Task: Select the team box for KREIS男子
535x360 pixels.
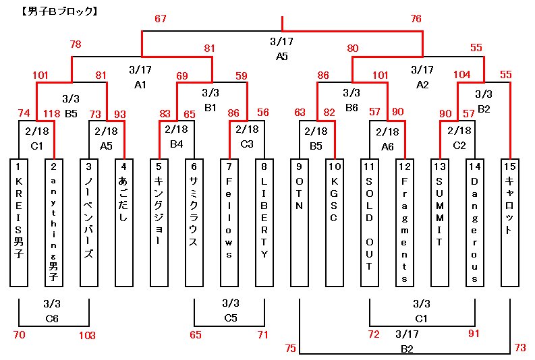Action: pyautogui.click(x=19, y=222)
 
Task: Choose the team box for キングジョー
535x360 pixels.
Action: pyautogui.click(x=159, y=222)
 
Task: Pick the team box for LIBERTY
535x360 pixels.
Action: pyautogui.click(x=264, y=222)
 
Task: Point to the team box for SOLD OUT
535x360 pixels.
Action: pyautogui.click(x=370, y=222)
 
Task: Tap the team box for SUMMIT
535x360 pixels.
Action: pyautogui.click(x=440, y=222)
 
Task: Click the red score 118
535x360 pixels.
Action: pyautogui.click(x=53, y=113)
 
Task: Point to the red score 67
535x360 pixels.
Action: pyautogui.click(x=160, y=19)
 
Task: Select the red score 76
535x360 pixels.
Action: pyautogui.click(x=416, y=19)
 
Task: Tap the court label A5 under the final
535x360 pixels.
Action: pyautogui.click(x=282, y=57)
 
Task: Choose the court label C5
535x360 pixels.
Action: pyautogui.click(x=230, y=317)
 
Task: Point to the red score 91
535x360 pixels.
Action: pyautogui.click(x=473, y=334)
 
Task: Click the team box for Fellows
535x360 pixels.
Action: pyautogui.click(x=229, y=222)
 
